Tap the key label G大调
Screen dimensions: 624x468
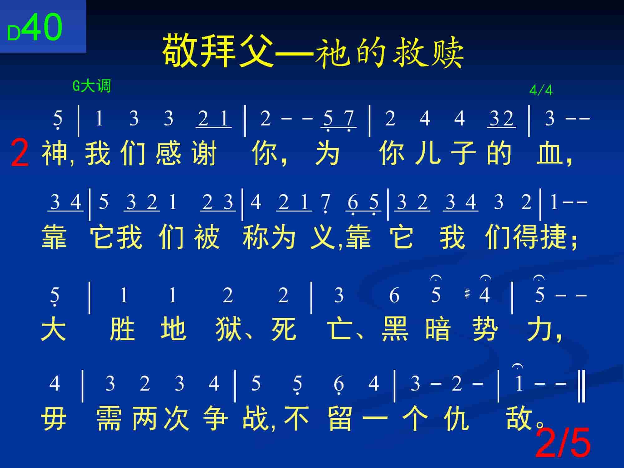92,86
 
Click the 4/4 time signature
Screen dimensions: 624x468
541,90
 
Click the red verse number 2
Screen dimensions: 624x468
20,153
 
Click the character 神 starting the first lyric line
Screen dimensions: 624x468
54,153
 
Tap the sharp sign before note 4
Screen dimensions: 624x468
467,294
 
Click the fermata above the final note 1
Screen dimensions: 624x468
518,367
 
